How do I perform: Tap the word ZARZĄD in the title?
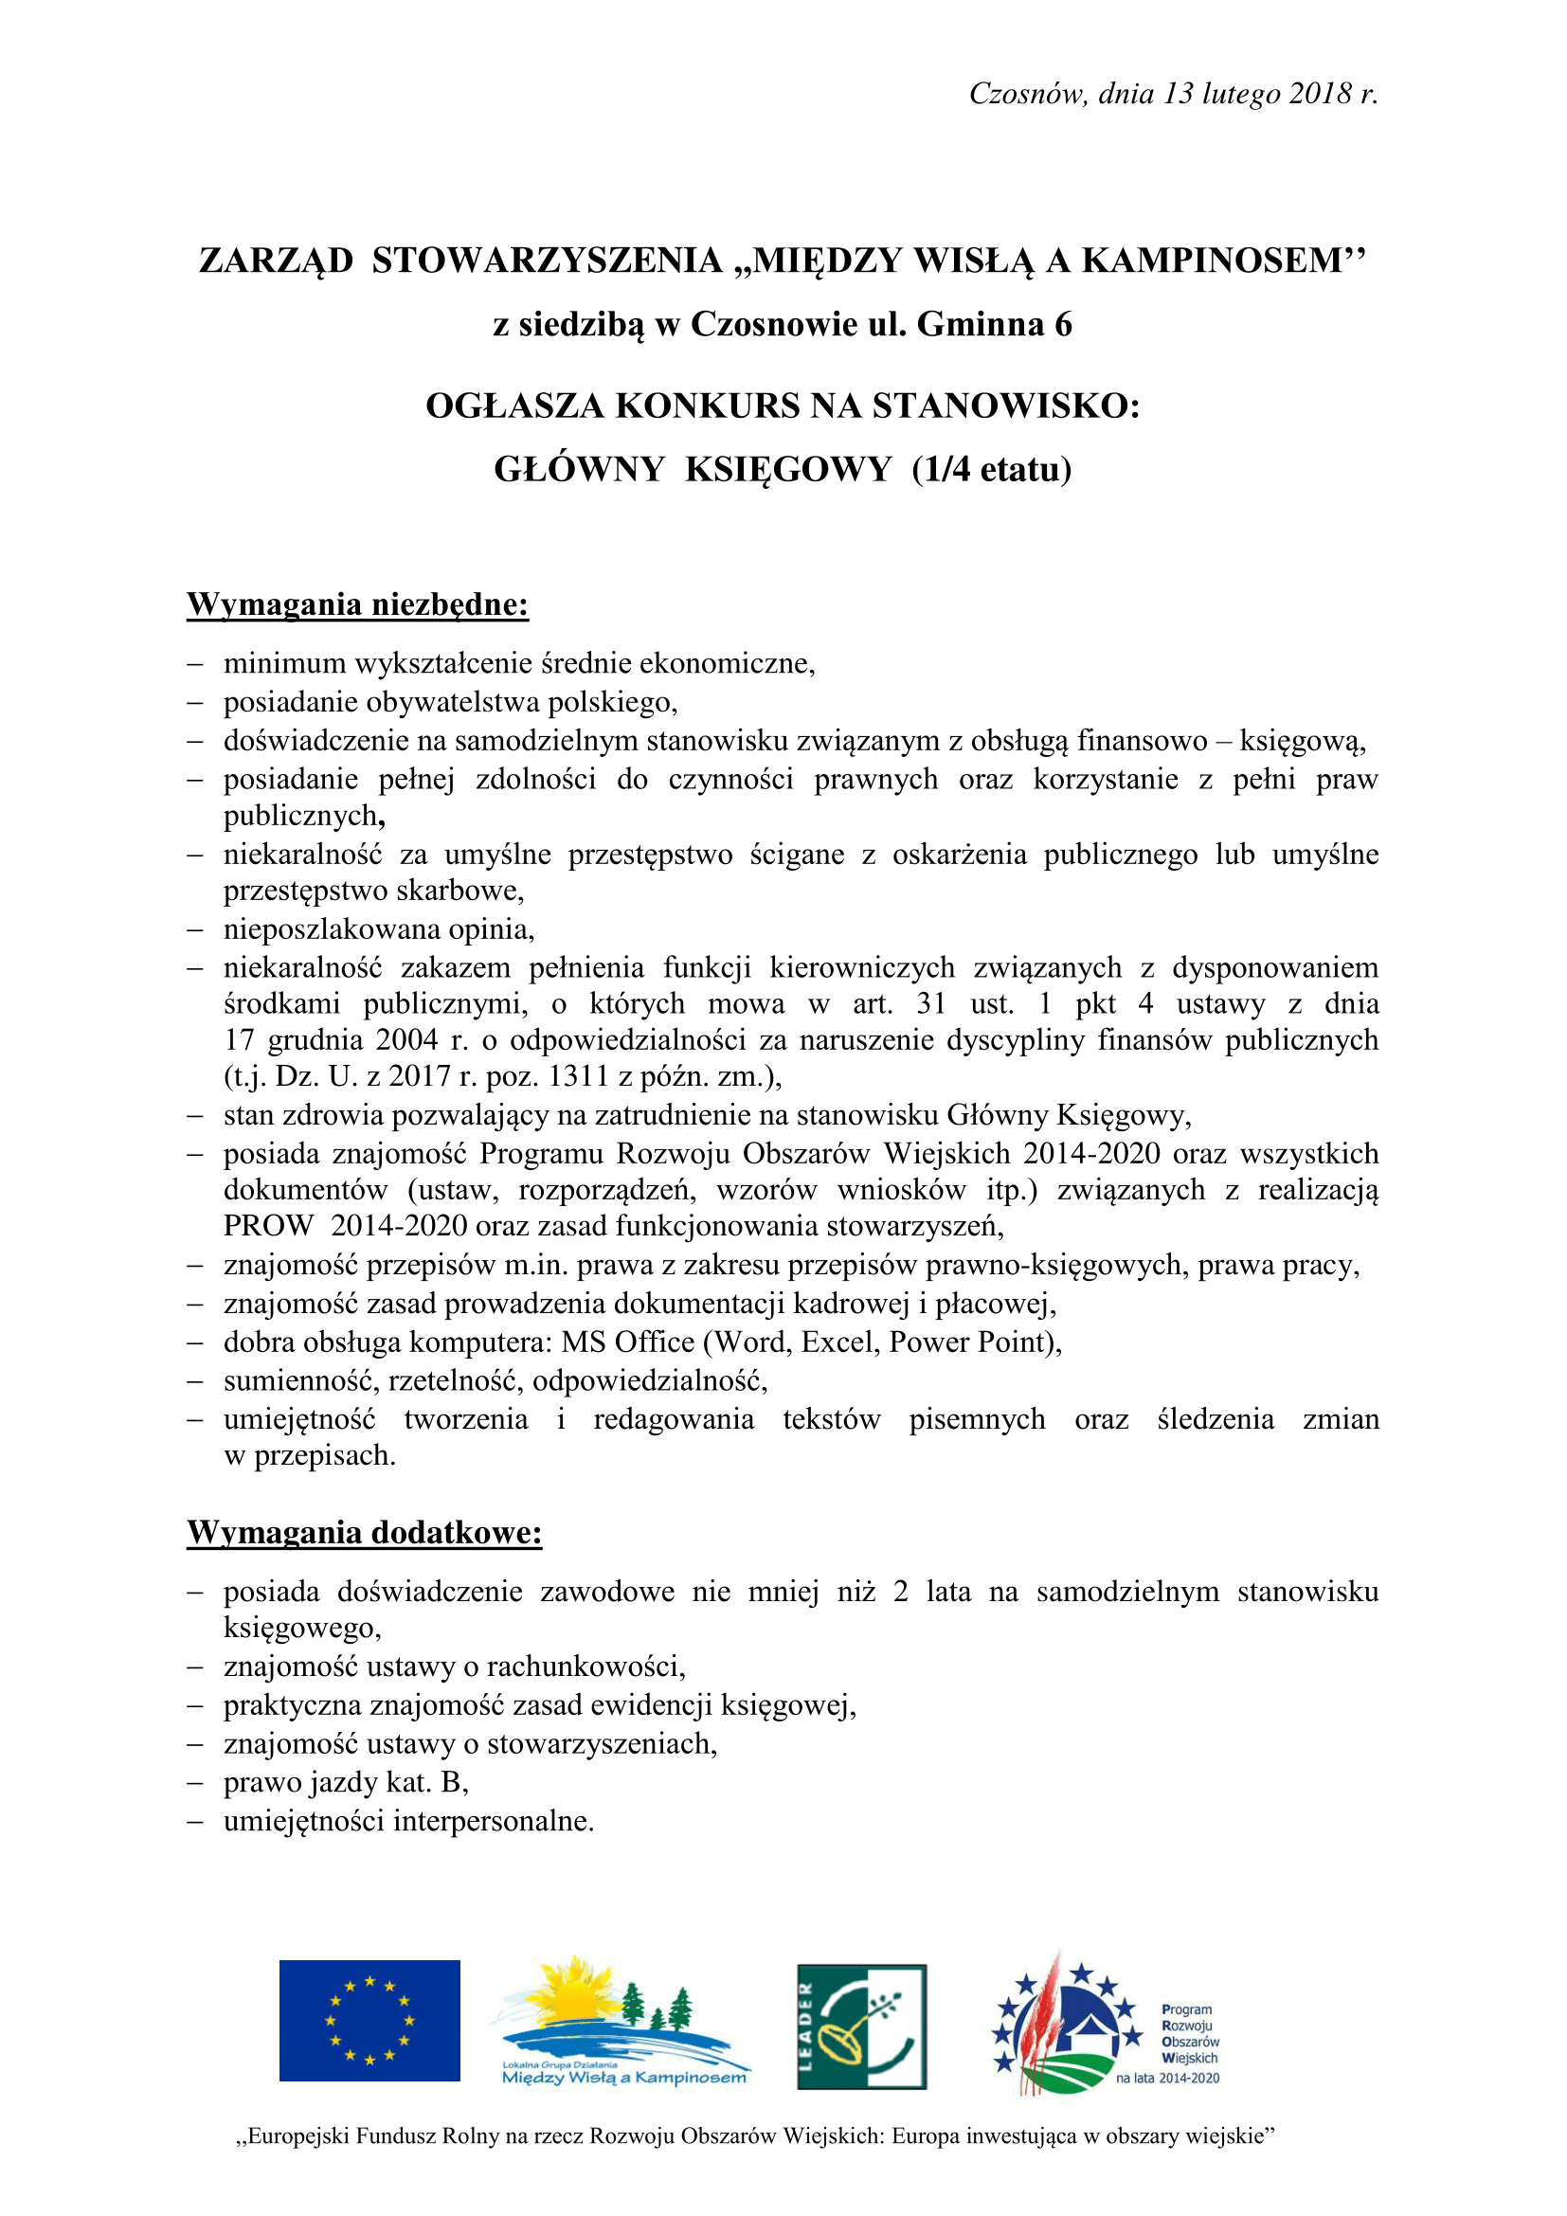click(276, 261)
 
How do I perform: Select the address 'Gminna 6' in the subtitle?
click(994, 324)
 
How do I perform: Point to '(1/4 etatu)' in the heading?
click(992, 469)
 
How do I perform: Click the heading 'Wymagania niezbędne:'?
click(358, 604)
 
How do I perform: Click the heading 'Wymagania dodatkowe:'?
click(365, 1533)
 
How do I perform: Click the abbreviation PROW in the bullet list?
click(268, 1226)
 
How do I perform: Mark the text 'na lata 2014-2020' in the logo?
click(1167, 2078)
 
